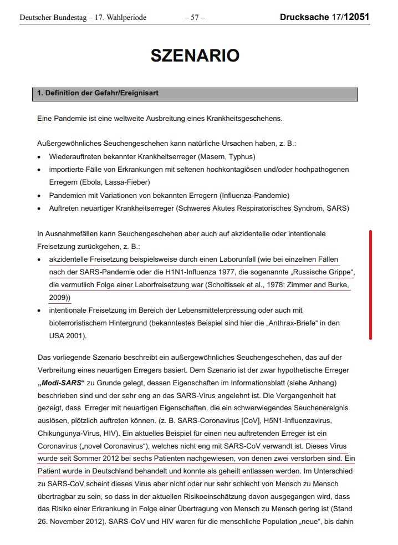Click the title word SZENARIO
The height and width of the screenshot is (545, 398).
(x=195, y=55)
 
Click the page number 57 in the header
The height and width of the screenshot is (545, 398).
(x=194, y=18)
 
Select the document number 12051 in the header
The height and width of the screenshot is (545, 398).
(x=356, y=17)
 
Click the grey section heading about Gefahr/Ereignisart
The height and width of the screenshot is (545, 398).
(x=98, y=93)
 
